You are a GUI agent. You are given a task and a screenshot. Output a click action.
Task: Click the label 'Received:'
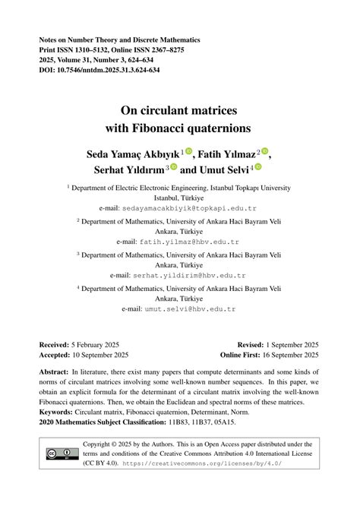58,344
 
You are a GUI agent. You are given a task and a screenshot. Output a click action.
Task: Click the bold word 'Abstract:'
58,373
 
